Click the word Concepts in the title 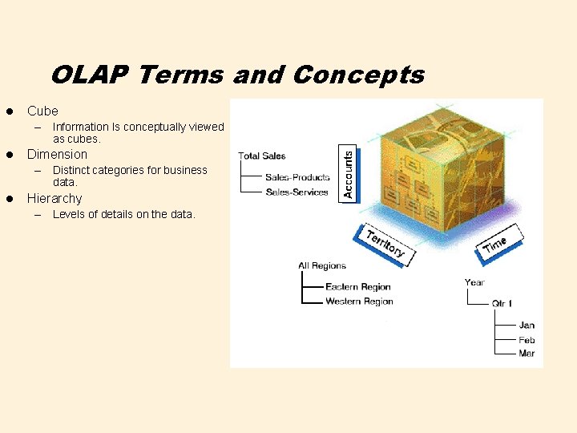click(x=358, y=75)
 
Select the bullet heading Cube click(x=42, y=111)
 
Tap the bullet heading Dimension click(x=57, y=154)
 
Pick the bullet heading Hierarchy click(x=54, y=198)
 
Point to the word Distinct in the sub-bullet click(x=72, y=170)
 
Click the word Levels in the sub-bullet click(x=69, y=214)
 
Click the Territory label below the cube click(x=385, y=245)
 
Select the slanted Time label click(x=496, y=243)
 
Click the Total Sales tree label click(x=262, y=156)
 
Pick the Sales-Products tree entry click(x=297, y=177)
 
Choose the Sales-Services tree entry click(x=297, y=192)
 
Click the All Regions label click(x=322, y=266)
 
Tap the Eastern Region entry click(x=357, y=287)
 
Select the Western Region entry click(x=359, y=301)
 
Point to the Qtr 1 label click(x=502, y=303)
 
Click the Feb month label click(x=527, y=340)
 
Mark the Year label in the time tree click(x=474, y=282)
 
